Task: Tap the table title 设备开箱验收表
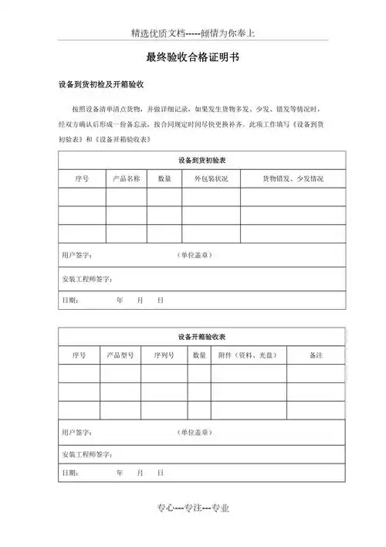point(202,336)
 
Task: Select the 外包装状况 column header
point(211,178)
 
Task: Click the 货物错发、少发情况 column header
point(293,178)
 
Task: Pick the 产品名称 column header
point(126,178)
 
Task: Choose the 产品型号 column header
point(120,355)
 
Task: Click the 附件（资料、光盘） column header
point(247,355)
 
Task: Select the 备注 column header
point(315,355)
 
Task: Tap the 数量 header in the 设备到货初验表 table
point(164,178)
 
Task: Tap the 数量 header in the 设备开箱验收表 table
point(199,355)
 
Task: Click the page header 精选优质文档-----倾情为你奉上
point(193,33)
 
